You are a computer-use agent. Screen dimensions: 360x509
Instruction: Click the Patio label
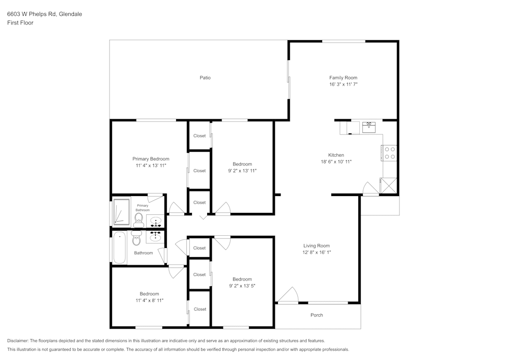click(x=205, y=78)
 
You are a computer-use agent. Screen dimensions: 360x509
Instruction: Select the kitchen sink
click(x=369, y=126)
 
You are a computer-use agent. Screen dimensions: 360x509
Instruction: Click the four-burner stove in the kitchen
click(x=390, y=153)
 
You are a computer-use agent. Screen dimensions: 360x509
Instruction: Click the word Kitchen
click(x=336, y=155)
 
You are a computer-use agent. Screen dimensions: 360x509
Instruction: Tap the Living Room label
click(x=317, y=246)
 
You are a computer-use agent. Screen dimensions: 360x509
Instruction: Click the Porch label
click(x=317, y=315)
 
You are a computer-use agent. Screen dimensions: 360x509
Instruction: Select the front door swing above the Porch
click(x=289, y=295)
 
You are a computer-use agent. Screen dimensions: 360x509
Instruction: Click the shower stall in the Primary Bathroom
click(x=122, y=211)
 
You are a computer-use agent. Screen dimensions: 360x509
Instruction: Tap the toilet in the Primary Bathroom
click(x=138, y=219)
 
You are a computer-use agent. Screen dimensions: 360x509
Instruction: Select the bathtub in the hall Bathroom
click(x=119, y=247)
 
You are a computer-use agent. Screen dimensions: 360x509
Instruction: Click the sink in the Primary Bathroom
click(x=155, y=222)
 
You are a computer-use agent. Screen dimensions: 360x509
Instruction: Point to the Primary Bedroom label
click(x=151, y=159)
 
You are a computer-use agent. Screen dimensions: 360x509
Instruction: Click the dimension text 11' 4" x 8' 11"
click(x=149, y=300)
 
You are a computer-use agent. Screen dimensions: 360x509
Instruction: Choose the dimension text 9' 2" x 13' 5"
click(x=242, y=286)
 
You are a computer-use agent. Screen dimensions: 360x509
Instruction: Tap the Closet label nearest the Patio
click(x=200, y=136)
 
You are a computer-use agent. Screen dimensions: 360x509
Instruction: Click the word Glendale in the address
click(x=71, y=14)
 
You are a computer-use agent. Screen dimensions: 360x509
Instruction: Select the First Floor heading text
click(x=20, y=23)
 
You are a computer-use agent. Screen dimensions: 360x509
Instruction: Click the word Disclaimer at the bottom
click(x=18, y=341)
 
